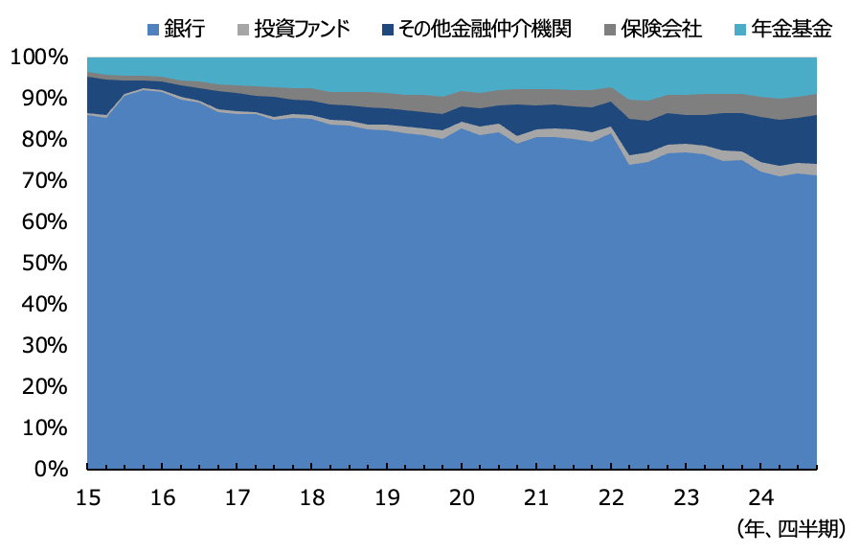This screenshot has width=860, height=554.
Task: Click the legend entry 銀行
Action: tap(183, 29)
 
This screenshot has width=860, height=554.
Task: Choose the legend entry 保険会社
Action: tap(665, 29)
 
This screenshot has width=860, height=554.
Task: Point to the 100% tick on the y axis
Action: tap(40, 58)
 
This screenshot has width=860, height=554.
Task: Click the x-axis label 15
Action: tap(87, 498)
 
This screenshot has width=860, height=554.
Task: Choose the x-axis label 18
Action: tap(311, 498)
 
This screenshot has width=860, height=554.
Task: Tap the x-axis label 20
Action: tap(462, 498)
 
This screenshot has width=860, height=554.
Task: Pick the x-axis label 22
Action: tap(611, 498)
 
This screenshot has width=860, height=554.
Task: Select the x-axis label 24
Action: tap(760, 498)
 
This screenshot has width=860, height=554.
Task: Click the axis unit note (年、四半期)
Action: tap(797, 528)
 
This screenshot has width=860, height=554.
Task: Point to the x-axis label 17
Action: tap(237, 498)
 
